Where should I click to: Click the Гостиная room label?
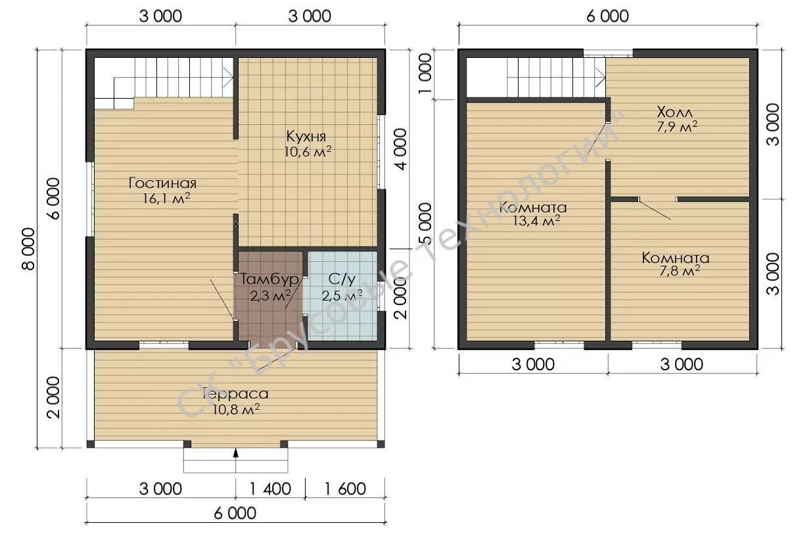tap(162, 183)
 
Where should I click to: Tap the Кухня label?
tap(306, 136)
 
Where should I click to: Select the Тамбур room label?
tap(269, 279)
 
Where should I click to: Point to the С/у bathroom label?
tap(342, 280)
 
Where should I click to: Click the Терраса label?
tap(236, 393)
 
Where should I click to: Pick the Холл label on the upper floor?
tap(674, 112)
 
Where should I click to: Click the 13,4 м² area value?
tap(536, 221)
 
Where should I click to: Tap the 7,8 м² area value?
tap(680, 271)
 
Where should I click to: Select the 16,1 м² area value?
tap(166, 198)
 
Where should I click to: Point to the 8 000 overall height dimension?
tap(28, 249)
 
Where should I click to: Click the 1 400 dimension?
tap(270, 489)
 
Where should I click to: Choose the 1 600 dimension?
tap(345, 489)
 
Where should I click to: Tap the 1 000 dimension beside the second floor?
tap(425, 74)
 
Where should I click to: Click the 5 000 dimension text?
tap(425, 224)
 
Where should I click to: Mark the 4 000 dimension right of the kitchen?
tap(400, 149)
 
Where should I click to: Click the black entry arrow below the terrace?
tap(236, 453)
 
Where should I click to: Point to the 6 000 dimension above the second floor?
tap(607, 16)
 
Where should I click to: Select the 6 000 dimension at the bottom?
tap(235, 513)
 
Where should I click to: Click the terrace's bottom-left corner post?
tap(91, 444)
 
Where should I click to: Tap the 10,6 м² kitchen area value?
tap(308, 151)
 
